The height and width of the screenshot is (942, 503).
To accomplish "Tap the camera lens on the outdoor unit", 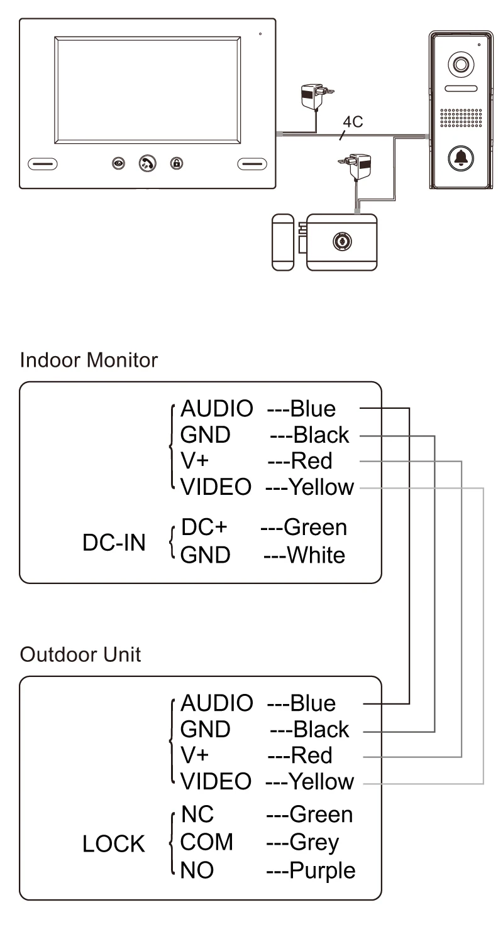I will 458,65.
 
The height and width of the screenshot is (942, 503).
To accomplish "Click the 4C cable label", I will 354,122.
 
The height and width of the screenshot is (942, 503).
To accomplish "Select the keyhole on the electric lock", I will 343,239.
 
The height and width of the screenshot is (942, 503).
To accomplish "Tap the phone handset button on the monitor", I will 148,163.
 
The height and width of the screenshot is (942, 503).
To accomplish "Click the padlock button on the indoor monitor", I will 177,163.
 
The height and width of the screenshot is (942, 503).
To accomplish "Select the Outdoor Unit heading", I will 80,654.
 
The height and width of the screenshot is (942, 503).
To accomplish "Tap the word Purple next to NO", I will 322,870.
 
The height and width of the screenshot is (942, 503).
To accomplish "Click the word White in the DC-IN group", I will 316,555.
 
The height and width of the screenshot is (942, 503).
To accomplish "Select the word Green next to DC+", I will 315,527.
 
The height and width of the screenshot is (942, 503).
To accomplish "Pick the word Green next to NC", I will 321,815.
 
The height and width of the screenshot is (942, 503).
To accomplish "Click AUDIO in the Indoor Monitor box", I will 216,409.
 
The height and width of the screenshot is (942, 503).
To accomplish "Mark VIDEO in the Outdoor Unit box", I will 216,782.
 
